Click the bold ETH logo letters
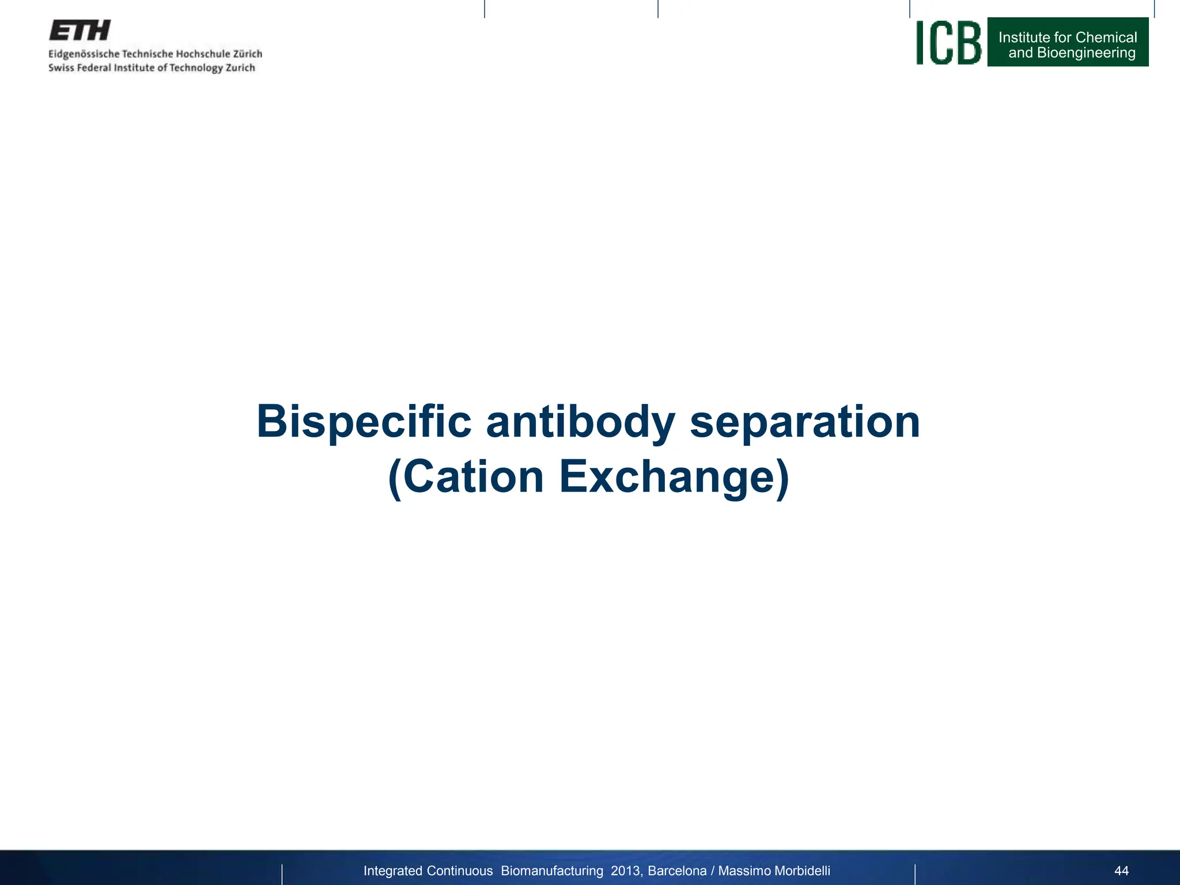(80, 31)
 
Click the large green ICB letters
(948, 43)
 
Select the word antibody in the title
(580, 422)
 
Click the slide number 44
(1121, 871)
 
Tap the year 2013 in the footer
(625, 871)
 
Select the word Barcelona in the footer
(677, 871)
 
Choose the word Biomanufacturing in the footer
(552, 871)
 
